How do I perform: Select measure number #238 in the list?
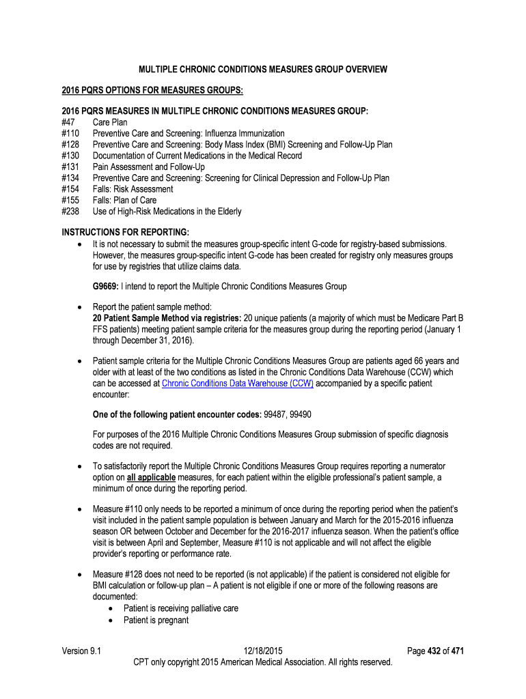[71, 212]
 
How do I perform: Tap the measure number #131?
[71, 167]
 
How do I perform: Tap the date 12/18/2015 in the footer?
[262, 651]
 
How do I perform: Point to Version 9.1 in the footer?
[81, 651]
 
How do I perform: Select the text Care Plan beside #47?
[110, 122]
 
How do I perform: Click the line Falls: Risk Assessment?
[133, 189]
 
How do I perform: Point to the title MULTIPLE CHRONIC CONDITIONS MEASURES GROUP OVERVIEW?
[263, 70]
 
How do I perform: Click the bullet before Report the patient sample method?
[81, 307]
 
